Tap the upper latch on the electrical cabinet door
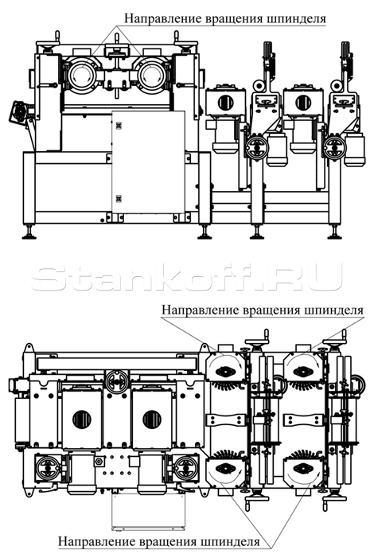coord(118,126)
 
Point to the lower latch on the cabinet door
coord(118,199)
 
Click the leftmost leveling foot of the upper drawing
coord(29,233)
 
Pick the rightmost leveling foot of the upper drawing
coord(334,233)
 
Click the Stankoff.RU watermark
coord(186,277)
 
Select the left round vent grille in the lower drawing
coord(82,419)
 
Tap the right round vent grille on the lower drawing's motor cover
coord(152,419)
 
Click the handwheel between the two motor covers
coord(116,380)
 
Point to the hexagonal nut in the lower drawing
coord(99,461)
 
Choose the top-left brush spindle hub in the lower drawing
coord(224,372)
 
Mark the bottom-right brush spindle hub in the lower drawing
coord(302,468)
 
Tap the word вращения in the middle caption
coord(271,310)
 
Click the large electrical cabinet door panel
coord(148,162)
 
